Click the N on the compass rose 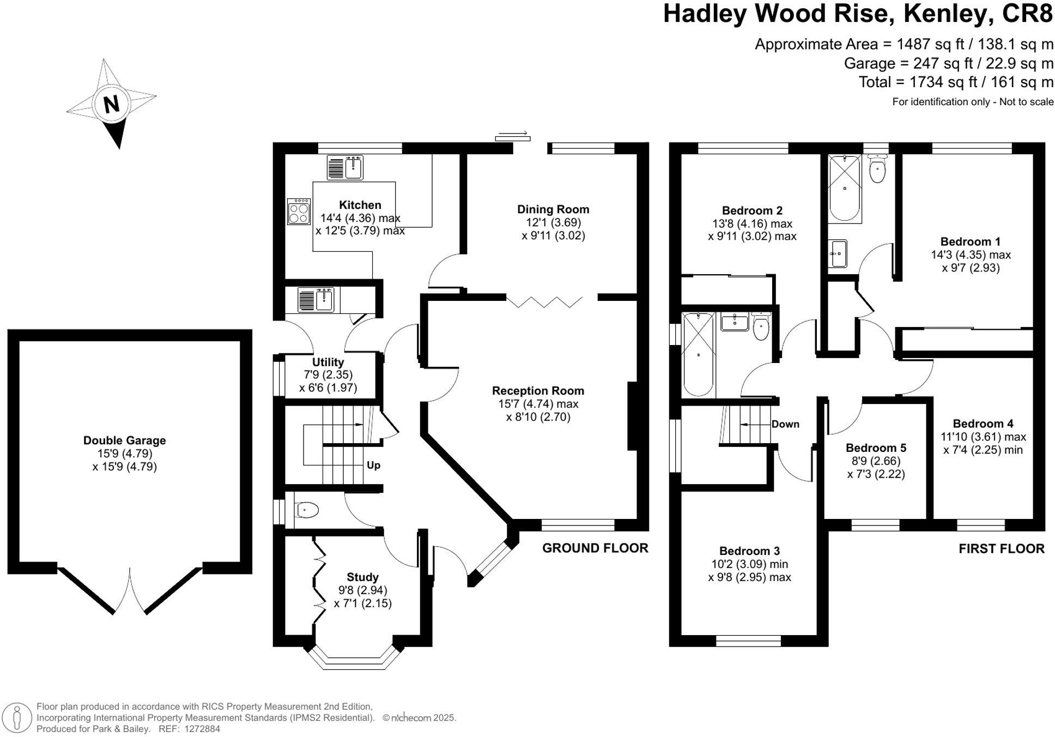pyautogui.click(x=111, y=104)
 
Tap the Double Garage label pyautogui.click(x=124, y=440)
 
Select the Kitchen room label pyautogui.click(x=360, y=205)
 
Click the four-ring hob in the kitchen pyautogui.click(x=299, y=212)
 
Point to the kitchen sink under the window pyautogui.click(x=345, y=167)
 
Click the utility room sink pyautogui.click(x=316, y=300)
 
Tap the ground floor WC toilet pyautogui.click(x=306, y=510)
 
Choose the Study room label pyautogui.click(x=362, y=577)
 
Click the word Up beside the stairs pyautogui.click(x=373, y=465)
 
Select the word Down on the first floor pyautogui.click(x=785, y=424)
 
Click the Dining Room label pyautogui.click(x=553, y=209)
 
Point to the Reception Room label pyautogui.click(x=538, y=391)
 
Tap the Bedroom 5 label pyautogui.click(x=876, y=448)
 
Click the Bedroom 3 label pyautogui.click(x=749, y=551)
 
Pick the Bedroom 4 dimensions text pyautogui.click(x=983, y=443)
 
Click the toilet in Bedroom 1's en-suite pyautogui.click(x=877, y=169)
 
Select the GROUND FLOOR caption pyautogui.click(x=595, y=548)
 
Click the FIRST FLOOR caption pyautogui.click(x=1002, y=549)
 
